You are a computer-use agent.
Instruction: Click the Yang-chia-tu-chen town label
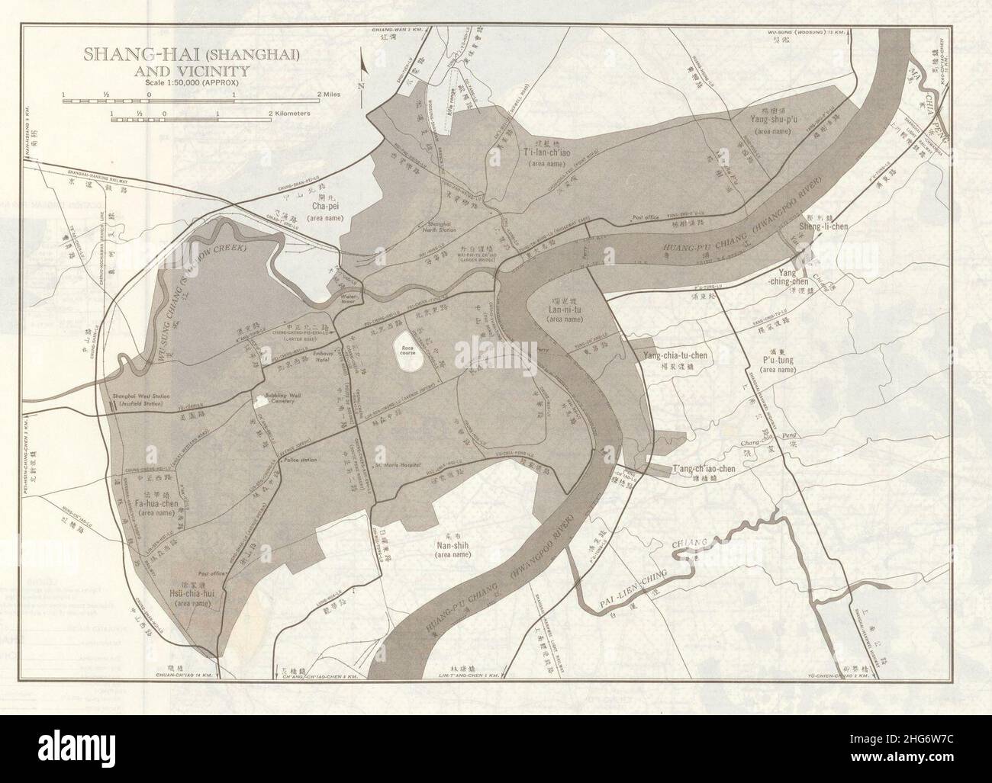pos(679,356)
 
